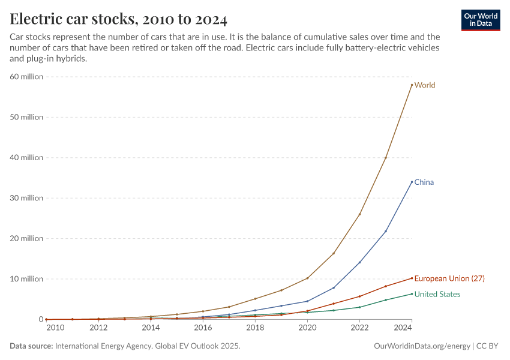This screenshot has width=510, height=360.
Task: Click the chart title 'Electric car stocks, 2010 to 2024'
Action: pos(118,19)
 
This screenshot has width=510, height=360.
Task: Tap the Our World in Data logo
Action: pos(481,20)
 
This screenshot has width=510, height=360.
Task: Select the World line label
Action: pos(425,85)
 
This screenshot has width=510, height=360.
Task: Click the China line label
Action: pos(424,182)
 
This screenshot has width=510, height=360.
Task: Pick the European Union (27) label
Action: pos(449,278)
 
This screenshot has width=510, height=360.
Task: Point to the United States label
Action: pos(437,294)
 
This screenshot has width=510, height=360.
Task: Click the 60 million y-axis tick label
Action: pos(26,77)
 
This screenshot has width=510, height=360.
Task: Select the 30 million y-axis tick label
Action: pos(26,198)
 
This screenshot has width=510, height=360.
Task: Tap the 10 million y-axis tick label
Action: pos(26,279)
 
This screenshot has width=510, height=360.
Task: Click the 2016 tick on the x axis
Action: pos(203,328)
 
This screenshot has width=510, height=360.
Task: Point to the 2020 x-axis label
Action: pos(307,328)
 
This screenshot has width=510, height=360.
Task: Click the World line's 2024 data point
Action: pos(412,85)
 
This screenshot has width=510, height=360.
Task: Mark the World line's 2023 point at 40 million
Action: pos(386,158)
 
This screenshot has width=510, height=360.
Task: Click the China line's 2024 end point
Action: pos(412,182)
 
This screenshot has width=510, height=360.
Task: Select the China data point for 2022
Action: pos(359,262)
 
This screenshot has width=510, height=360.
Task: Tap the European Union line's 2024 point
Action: pos(412,278)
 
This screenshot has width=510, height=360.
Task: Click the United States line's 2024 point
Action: pos(412,293)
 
